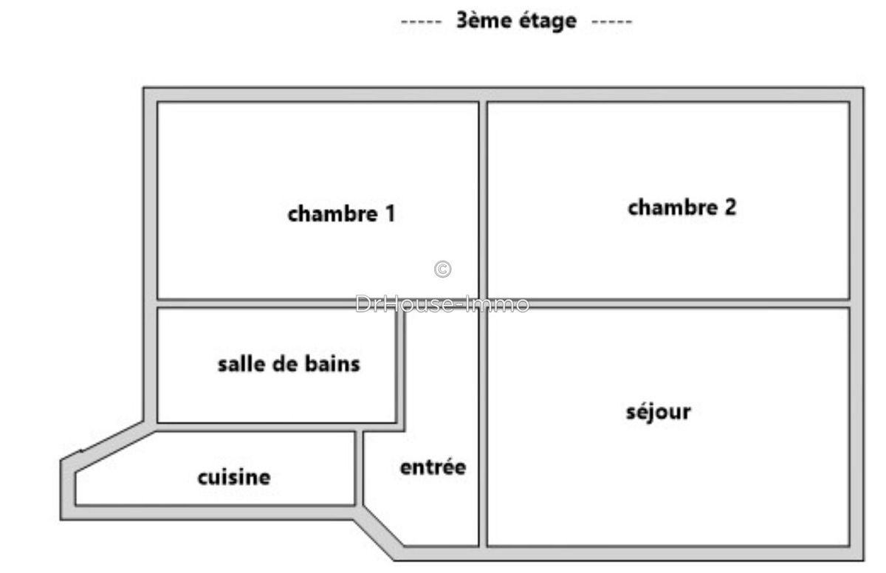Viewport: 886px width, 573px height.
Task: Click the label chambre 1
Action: (x=341, y=214)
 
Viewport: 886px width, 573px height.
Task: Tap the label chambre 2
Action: (x=681, y=207)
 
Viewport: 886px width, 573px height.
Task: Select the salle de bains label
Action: (x=289, y=364)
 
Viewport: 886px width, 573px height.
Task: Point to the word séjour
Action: (x=659, y=412)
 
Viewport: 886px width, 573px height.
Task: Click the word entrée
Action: (x=433, y=467)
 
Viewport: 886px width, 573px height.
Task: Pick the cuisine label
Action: (x=233, y=478)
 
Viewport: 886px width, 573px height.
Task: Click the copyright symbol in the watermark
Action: (x=442, y=270)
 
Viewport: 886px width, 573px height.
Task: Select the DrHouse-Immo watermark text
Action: (x=442, y=303)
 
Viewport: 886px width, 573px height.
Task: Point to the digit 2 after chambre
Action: (x=729, y=207)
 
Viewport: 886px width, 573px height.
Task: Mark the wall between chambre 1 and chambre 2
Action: (x=483, y=199)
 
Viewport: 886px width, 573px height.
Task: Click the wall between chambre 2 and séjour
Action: (x=668, y=303)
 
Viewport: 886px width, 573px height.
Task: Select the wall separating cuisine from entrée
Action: (x=360, y=468)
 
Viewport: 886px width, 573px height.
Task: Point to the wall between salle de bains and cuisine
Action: (x=258, y=428)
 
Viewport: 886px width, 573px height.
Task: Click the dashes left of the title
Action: (x=421, y=21)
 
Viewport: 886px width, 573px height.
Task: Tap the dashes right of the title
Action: (x=612, y=21)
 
